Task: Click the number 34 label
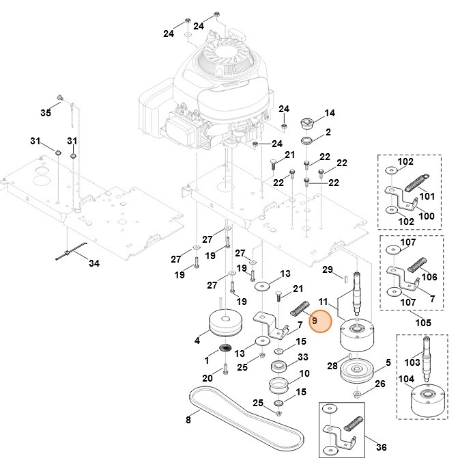point(94,263)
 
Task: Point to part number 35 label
point(46,112)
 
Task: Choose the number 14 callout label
point(330,113)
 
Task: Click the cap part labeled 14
point(306,123)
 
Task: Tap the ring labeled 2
point(306,139)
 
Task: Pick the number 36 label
point(381,447)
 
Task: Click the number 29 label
point(327,269)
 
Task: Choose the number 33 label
point(303,357)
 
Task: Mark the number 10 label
point(304,373)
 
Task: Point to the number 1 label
point(207,359)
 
